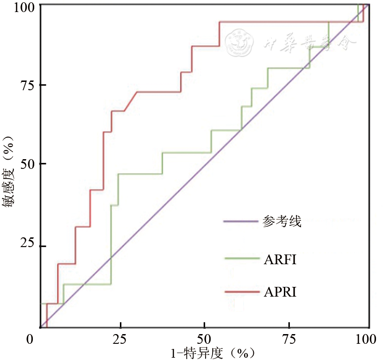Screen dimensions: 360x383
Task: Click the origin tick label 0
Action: (x=31, y=339)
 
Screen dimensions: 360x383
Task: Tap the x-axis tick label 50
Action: (x=204, y=339)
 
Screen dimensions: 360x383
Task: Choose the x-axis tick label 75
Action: (x=289, y=339)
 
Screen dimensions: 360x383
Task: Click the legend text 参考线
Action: (x=282, y=222)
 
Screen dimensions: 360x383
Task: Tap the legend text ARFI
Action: (x=280, y=260)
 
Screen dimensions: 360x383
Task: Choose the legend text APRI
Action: (x=280, y=292)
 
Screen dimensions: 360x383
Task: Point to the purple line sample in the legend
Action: (x=240, y=221)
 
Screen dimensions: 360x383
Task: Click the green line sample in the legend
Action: (x=240, y=258)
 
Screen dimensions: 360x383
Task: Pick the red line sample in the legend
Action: (x=240, y=291)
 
